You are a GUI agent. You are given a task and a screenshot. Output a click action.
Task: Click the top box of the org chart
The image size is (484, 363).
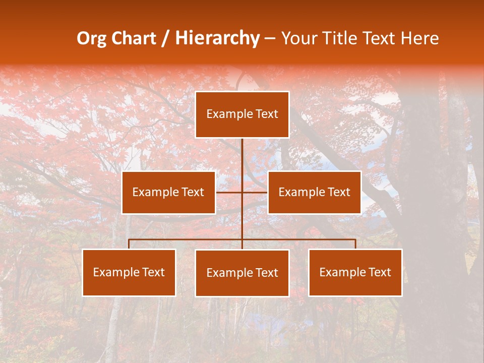(x=242, y=114)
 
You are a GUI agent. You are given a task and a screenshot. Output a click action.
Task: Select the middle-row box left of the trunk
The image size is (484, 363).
(x=168, y=192)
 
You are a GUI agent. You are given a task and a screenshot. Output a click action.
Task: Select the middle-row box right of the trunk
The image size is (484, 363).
(x=314, y=192)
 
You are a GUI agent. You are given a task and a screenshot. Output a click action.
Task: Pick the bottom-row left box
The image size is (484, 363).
(x=129, y=273)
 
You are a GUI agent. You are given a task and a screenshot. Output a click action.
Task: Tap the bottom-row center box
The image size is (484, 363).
(x=242, y=273)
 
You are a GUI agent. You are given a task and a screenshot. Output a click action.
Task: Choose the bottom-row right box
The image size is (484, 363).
(x=355, y=273)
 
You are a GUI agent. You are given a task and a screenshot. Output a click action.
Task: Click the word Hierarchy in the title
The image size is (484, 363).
(x=217, y=38)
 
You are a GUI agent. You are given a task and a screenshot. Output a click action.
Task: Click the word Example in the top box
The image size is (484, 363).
(x=225, y=114)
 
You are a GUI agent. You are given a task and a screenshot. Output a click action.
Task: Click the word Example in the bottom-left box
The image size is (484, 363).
(x=112, y=273)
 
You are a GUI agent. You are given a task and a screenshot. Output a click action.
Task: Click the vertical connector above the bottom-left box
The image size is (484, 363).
(x=129, y=244)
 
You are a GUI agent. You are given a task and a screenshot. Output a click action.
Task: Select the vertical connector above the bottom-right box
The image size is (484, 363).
(x=355, y=244)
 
